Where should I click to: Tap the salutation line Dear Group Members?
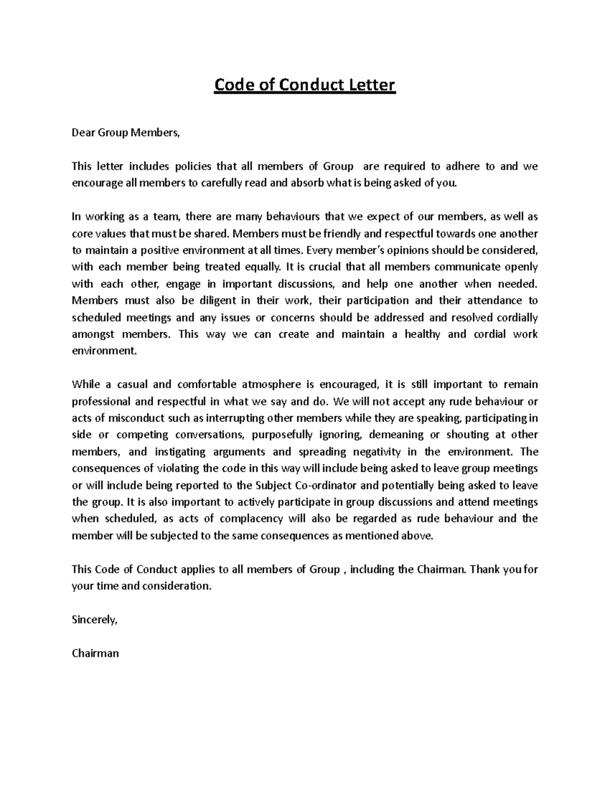[x=126, y=133]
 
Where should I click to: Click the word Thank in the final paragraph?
[x=484, y=569]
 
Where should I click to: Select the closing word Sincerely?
[x=95, y=619]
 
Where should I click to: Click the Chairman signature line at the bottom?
[x=95, y=653]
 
